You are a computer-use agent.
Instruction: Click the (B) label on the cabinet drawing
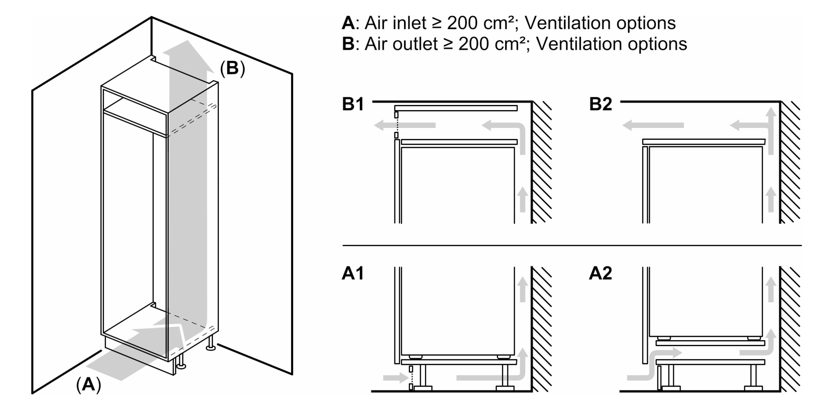point(232,68)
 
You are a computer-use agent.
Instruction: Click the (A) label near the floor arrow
point(88,385)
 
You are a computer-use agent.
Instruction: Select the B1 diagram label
point(353,104)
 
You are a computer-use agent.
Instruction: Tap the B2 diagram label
point(600,104)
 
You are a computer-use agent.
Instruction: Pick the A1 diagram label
point(353,273)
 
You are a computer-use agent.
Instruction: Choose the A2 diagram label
point(600,273)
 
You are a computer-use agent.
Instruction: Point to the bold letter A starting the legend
point(348,23)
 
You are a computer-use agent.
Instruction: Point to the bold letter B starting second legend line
point(348,44)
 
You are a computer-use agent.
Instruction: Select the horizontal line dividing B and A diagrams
point(570,245)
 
